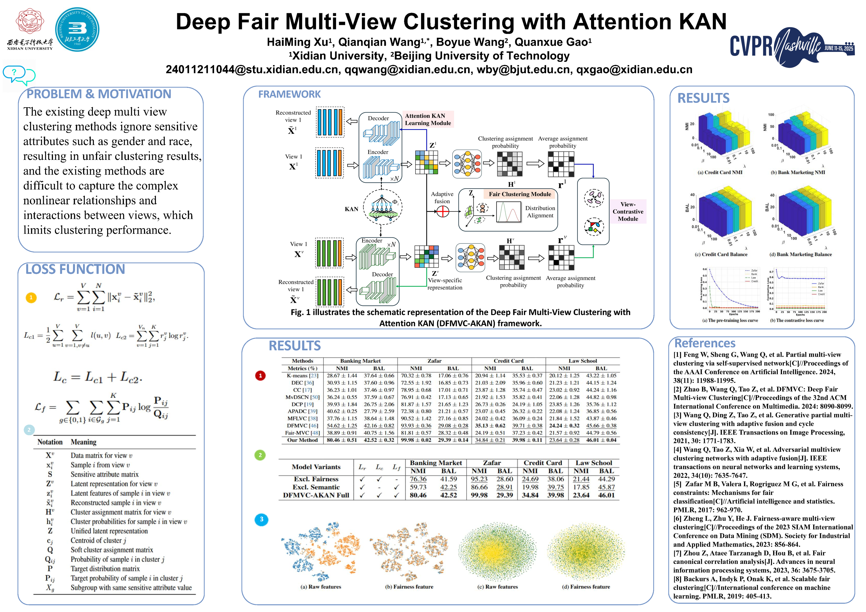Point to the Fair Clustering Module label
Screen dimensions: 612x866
point(519,194)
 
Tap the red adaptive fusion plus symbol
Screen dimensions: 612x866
point(442,212)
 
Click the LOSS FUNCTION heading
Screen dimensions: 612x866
point(75,269)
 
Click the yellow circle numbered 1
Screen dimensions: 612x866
point(31,298)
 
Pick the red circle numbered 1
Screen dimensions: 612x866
point(260,376)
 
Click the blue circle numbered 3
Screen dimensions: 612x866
point(261,519)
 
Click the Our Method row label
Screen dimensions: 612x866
point(302,440)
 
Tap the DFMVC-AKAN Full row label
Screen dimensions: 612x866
point(316,495)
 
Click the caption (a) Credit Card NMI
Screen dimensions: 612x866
point(720,172)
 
